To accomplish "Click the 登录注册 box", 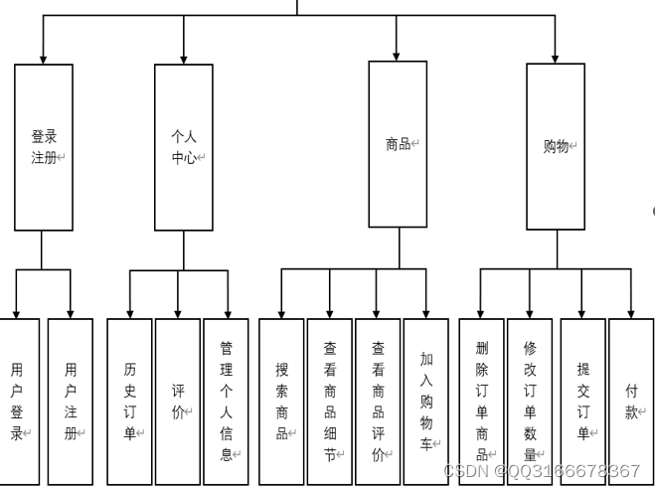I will pos(43,147).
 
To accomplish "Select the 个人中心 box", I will pos(183,147).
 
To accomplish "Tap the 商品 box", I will pos(398,144).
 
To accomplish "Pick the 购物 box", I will pos(556,146).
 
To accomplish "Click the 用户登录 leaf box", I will pos(18,401).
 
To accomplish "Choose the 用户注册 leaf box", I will pos(70,401).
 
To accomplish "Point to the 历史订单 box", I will pos(129,401).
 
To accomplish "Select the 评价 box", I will pos(178,401).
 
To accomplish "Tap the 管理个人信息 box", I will pos(226,401).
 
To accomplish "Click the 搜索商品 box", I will pos(281,401).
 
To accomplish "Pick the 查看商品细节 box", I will pos(329,401).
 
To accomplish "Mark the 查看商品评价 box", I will pos(378,401).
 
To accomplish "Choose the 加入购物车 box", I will pos(425,401).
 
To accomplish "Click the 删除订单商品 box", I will pos(481,401).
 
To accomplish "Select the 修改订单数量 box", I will pos(529,401).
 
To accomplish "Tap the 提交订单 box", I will pos(582,401).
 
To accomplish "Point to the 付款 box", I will pos(631,401).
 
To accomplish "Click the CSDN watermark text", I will pos(542,471).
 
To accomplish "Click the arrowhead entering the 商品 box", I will pos(397,54).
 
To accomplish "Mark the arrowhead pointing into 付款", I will pos(631,311).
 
